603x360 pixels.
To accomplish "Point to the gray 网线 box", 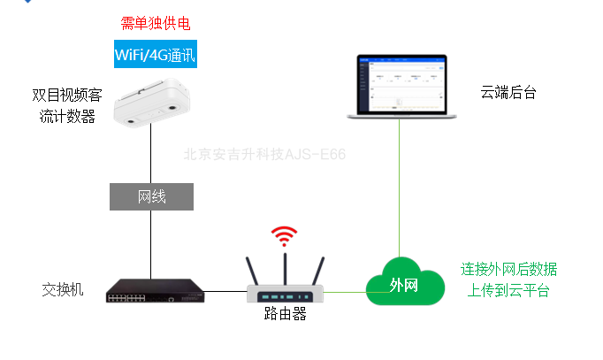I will coord(151,196).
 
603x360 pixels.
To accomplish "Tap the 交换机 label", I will coord(63,289).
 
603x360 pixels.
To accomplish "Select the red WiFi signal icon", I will coord(284,236).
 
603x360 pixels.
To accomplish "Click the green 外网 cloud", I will coord(404,283).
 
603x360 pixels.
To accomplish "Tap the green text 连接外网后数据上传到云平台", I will coord(508,280).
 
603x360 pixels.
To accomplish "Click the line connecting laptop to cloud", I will coord(399,186).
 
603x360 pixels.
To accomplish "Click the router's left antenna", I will coord(253,270).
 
